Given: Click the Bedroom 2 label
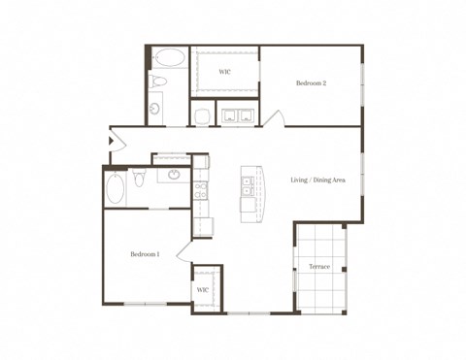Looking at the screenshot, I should pyautogui.click(x=311, y=83).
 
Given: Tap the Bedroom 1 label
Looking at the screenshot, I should pyautogui.click(x=145, y=254).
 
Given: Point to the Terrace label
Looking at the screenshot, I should pyautogui.click(x=319, y=267).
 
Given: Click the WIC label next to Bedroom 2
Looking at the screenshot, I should pyautogui.click(x=224, y=72).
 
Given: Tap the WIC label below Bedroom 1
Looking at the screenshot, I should pyautogui.click(x=203, y=289).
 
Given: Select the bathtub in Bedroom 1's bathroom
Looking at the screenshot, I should pyautogui.click(x=115, y=187).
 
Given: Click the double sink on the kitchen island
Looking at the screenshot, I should pyautogui.click(x=248, y=184).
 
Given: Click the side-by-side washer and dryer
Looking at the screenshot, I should pyautogui.click(x=237, y=116).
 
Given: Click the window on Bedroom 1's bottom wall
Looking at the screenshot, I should pyautogui.click(x=146, y=305).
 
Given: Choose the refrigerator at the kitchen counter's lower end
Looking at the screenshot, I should pyautogui.click(x=203, y=225).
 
